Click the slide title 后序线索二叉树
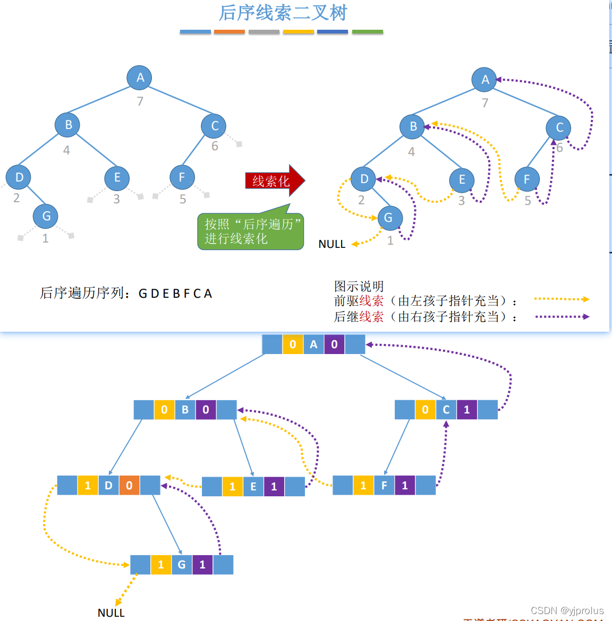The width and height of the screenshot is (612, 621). click(x=283, y=13)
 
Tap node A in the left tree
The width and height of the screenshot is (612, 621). click(x=140, y=77)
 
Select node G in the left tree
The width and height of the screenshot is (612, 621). click(x=46, y=216)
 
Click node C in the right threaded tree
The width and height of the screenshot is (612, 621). click(x=559, y=128)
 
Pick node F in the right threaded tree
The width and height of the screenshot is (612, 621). click(x=526, y=179)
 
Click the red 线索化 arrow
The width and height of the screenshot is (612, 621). click(x=274, y=181)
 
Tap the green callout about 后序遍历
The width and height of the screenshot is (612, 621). click(x=250, y=231)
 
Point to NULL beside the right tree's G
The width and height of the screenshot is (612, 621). click(x=331, y=244)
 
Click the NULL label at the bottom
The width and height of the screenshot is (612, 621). click(x=111, y=613)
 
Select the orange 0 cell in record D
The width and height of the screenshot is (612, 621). click(x=129, y=485)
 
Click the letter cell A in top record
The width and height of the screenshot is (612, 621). click(x=313, y=344)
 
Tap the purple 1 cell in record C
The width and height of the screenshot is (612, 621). click(x=466, y=409)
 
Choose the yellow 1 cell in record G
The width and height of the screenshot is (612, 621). click(x=161, y=565)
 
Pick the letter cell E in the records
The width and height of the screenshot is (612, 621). click(x=253, y=486)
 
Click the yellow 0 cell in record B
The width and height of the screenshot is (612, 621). click(x=164, y=409)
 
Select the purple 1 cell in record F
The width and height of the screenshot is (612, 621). click(x=405, y=485)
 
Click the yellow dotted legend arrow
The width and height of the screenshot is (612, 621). click(x=562, y=299)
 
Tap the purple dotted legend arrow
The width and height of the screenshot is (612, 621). click(x=562, y=317)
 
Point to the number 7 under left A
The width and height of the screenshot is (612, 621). click(x=140, y=101)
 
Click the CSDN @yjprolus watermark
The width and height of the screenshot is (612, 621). click(x=567, y=610)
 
